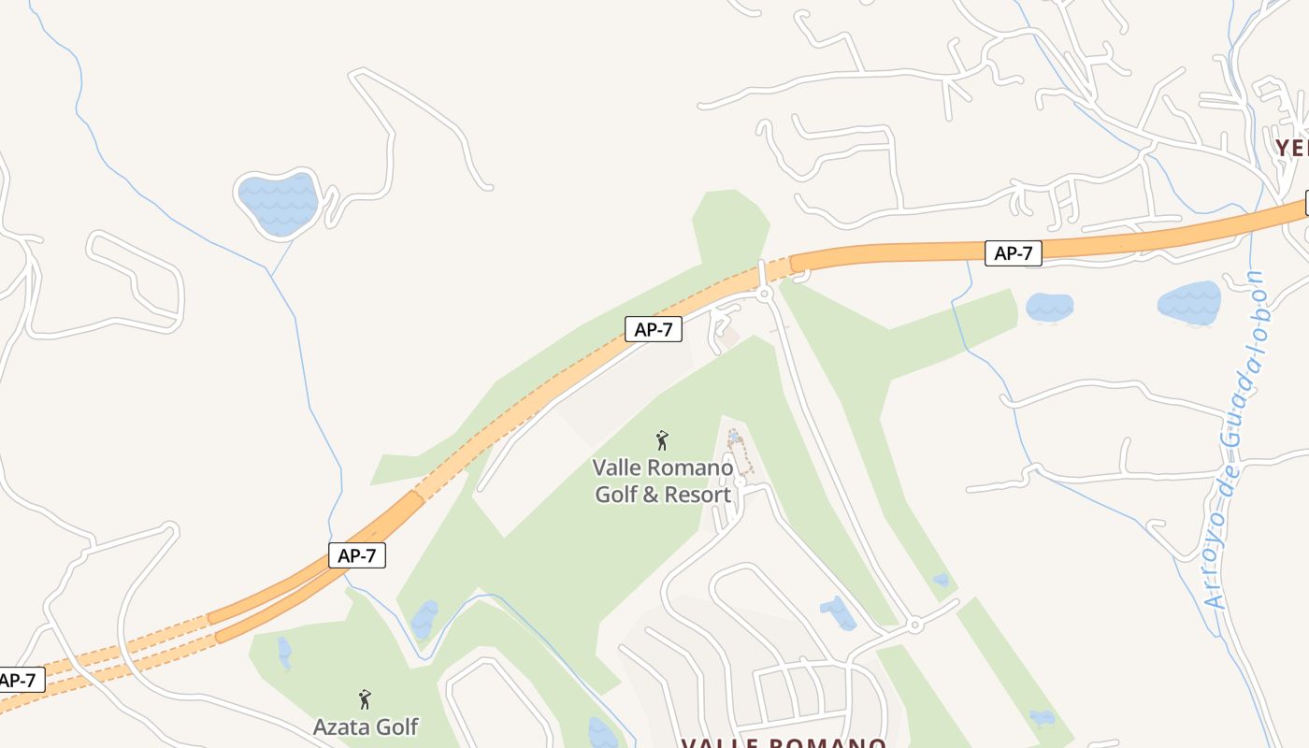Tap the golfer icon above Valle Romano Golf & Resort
(662, 440)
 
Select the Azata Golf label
(366, 726)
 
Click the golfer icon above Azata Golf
(365, 699)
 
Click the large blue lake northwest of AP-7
(278, 203)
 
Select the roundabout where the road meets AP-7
(765, 294)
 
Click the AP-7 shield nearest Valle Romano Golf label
(653, 329)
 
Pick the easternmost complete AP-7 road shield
(1013, 252)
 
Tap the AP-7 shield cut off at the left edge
(19, 680)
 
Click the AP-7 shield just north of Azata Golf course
(357, 555)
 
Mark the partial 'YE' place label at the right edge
(1291, 148)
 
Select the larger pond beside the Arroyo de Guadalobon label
(1189, 303)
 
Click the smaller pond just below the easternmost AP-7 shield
(1049, 307)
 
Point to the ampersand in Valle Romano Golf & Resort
(651, 495)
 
